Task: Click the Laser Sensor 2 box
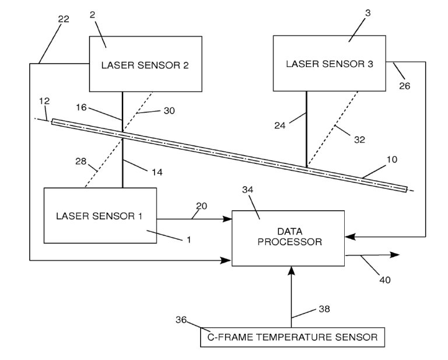pyautogui.click(x=145, y=64)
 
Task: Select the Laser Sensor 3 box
pyautogui.click(x=330, y=63)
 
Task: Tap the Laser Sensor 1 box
pyautogui.click(x=100, y=215)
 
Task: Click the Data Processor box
pyautogui.click(x=289, y=237)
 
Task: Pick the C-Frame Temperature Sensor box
pyautogui.click(x=292, y=337)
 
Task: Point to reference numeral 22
pyautogui.click(x=63, y=20)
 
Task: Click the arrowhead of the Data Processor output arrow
pyautogui.click(x=395, y=255)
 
